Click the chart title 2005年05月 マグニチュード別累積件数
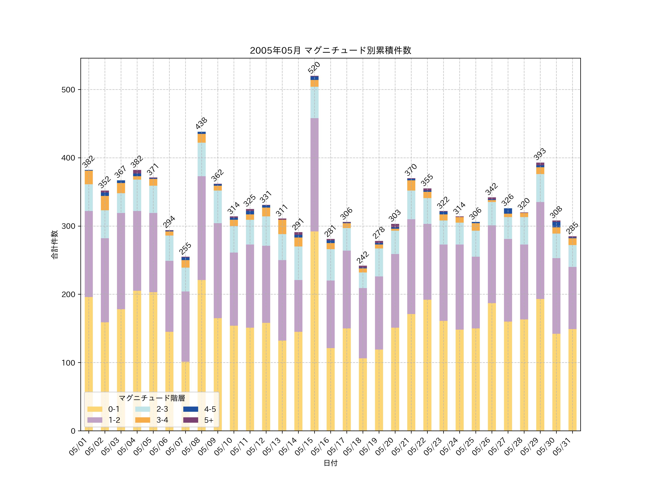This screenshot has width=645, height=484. (330, 51)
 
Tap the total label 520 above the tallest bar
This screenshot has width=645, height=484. (314, 68)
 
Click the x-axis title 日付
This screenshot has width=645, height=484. (330, 463)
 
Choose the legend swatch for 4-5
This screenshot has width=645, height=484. (190, 409)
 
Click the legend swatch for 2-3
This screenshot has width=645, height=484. (143, 409)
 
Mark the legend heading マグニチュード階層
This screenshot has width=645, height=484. (152, 398)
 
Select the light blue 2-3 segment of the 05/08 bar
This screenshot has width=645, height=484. (202, 159)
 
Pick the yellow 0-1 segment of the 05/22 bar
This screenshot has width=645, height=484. (427, 365)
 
